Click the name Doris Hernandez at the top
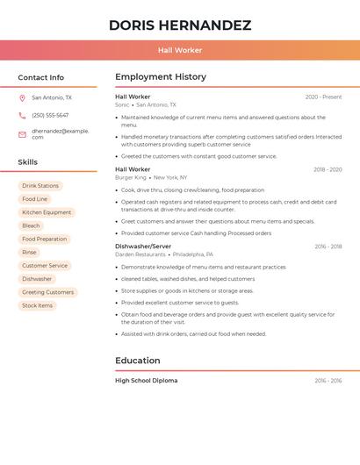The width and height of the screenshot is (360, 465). tap(179, 25)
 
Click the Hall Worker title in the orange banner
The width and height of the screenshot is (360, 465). tap(179, 50)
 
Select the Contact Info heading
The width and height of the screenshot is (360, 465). tap(40, 77)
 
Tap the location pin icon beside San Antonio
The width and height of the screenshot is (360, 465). tap(22, 98)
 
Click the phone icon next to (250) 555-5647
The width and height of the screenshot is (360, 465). tap(22, 115)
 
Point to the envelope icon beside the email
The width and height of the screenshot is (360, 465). tap(22, 134)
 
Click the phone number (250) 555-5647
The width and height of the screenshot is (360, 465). tap(50, 115)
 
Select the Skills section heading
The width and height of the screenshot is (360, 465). tap(27, 162)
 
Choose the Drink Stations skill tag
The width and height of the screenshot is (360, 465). tap(40, 186)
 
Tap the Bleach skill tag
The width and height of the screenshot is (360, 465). tap(31, 225)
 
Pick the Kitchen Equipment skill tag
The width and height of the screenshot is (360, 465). tap(47, 212)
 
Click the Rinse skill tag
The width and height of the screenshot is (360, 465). tap(30, 252)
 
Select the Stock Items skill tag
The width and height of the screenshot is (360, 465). tap(37, 305)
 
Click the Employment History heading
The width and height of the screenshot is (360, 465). tap(161, 77)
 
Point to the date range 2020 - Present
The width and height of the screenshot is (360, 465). tap(323, 97)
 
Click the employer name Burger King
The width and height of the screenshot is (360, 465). tap(131, 177)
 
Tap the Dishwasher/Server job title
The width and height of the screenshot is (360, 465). tap(143, 247)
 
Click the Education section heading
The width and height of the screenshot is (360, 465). tap(137, 361)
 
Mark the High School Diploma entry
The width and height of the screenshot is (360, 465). tap(146, 381)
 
